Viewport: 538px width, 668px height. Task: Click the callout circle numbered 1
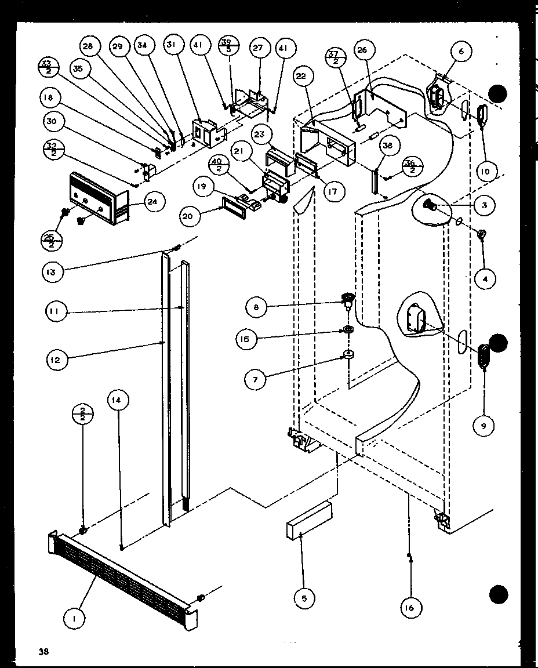coord(75,619)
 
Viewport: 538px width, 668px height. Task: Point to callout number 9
coord(484,426)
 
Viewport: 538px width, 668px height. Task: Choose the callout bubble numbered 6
coord(461,52)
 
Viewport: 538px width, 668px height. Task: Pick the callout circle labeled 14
coord(118,400)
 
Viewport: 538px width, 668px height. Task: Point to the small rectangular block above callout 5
coord(308,519)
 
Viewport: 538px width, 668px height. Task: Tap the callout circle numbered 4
coord(484,279)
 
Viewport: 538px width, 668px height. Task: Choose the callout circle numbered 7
coord(256,380)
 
